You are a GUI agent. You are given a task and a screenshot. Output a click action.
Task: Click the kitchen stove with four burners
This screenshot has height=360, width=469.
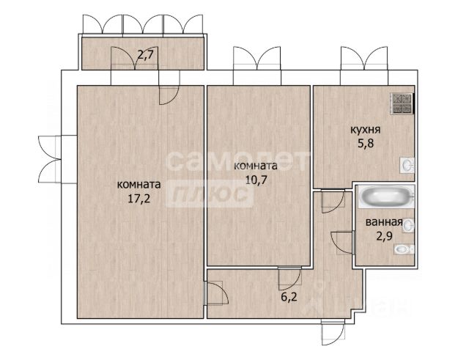(402, 103)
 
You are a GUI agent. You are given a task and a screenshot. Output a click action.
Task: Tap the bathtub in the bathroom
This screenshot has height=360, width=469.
(386, 196)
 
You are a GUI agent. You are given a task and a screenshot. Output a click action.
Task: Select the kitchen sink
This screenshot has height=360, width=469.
(407, 165)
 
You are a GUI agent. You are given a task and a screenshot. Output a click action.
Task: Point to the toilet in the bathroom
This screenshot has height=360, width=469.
(405, 249)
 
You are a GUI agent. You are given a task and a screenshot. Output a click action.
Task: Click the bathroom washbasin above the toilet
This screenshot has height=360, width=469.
(408, 225)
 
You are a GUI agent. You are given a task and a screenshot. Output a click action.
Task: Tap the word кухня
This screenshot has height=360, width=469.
(365, 131)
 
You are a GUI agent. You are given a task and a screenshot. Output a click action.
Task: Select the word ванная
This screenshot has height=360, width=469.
(383, 222)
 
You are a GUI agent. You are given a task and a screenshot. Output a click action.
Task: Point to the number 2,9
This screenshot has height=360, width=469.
(384, 235)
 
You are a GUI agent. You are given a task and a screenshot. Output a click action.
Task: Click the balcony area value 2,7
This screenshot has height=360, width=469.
(147, 55)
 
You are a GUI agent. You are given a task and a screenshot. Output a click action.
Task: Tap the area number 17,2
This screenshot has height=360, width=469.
(139, 199)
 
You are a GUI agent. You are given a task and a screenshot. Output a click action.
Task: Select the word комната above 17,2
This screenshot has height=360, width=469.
(139, 185)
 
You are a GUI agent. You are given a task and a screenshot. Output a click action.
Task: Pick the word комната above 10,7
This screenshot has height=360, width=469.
(256, 166)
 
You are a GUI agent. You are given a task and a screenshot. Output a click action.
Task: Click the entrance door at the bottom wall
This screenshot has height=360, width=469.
(333, 332)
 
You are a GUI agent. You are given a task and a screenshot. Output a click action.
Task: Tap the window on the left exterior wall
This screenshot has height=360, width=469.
(57, 159)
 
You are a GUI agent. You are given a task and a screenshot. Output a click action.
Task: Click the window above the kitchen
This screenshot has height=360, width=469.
(364, 66)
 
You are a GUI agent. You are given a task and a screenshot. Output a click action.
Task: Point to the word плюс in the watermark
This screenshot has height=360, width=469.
(210, 194)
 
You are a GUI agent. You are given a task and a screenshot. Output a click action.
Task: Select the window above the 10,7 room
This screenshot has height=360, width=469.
(257, 66)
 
